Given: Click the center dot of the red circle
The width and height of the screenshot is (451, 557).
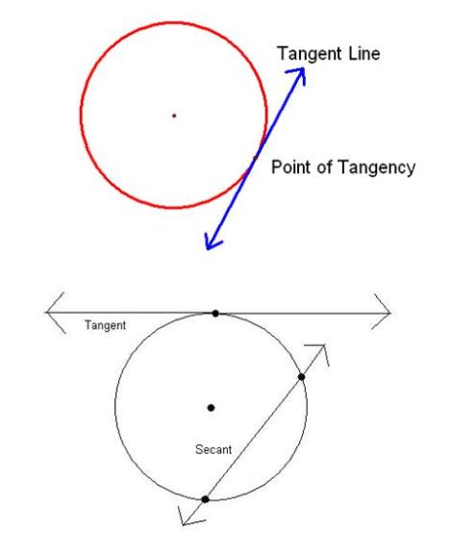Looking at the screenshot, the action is tap(174, 115).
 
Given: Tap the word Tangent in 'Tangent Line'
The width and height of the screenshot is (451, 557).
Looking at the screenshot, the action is tap(310, 54).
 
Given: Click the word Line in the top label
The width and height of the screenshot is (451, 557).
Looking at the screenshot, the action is tap(364, 53).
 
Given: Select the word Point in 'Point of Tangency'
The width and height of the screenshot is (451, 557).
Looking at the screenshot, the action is tap(291, 166).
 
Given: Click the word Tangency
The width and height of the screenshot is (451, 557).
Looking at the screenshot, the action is tap(376, 167).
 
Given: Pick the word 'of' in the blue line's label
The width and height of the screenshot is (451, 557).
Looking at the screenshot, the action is tap(324, 166).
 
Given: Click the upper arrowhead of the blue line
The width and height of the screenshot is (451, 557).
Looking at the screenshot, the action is tap(297, 75).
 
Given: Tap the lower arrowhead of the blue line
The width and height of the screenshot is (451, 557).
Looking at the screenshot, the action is tap(213, 241).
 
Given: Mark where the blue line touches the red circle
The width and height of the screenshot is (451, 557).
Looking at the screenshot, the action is tap(255, 158).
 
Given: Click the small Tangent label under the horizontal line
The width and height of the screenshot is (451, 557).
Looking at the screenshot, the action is tap(105, 325).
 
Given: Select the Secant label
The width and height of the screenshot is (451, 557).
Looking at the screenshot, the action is tap(213, 449).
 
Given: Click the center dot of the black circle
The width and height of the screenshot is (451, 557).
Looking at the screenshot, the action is tap(211, 408).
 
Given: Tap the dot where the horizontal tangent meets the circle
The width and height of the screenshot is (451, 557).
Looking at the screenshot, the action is tap(215, 313).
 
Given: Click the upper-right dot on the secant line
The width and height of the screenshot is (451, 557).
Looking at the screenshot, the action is tap(301, 377).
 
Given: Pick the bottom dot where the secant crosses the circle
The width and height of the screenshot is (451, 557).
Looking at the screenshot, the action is tap(205, 499).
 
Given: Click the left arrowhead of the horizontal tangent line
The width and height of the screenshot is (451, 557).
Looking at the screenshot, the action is tap(55, 313).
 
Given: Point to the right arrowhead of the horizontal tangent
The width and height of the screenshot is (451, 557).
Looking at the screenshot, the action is tap(382, 312).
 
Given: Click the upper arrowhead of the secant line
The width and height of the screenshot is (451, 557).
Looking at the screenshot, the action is tap(319, 353).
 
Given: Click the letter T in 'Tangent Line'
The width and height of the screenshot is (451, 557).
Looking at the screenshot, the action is tap(283, 53).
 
